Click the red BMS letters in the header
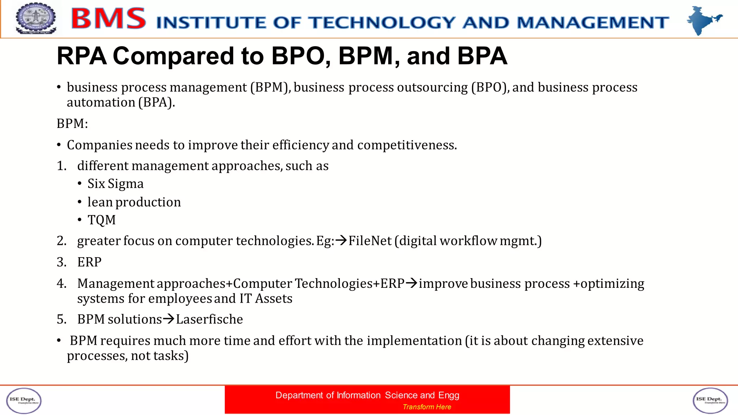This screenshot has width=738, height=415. click(x=108, y=19)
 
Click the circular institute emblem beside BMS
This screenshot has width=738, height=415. click(x=36, y=18)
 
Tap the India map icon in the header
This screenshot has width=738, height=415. click(x=703, y=20)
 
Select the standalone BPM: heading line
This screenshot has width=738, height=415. click(x=72, y=124)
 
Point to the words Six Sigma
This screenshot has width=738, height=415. click(x=115, y=184)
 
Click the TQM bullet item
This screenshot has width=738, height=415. click(x=102, y=220)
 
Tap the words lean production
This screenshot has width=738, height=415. click(x=134, y=202)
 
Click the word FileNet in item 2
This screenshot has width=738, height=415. click(x=370, y=241)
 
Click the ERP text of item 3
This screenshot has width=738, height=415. click(x=89, y=262)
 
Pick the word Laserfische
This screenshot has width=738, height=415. click(x=209, y=319)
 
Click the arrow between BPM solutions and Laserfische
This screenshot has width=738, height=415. click(x=169, y=319)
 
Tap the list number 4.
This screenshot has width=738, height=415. click(x=61, y=284)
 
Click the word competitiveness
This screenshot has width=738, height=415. click(x=407, y=145)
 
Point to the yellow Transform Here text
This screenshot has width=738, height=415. click(x=427, y=407)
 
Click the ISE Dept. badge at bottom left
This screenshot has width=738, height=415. click(x=24, y=400)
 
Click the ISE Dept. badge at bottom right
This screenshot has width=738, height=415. click(x=710, y=400)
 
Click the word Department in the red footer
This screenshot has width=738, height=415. click(x=299, y=395)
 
